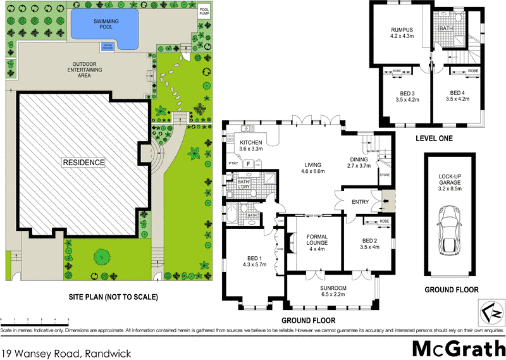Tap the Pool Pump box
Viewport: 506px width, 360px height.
pyautogui.click(x=204, y=13)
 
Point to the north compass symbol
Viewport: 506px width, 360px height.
pyautogui.click(x=488, y=311)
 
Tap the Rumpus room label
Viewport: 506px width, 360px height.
pyautogui.click(x=401, y=29)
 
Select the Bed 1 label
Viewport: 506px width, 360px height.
pyautogui.click(x=256, y=259)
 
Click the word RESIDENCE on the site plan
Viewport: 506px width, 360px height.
pyautogui.click(x=83, y=163)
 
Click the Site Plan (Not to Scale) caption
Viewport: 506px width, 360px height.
pyautogui.click(x=113, y=297)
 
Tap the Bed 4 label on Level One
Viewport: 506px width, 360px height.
pyautogui.click(x=457, y=95)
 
